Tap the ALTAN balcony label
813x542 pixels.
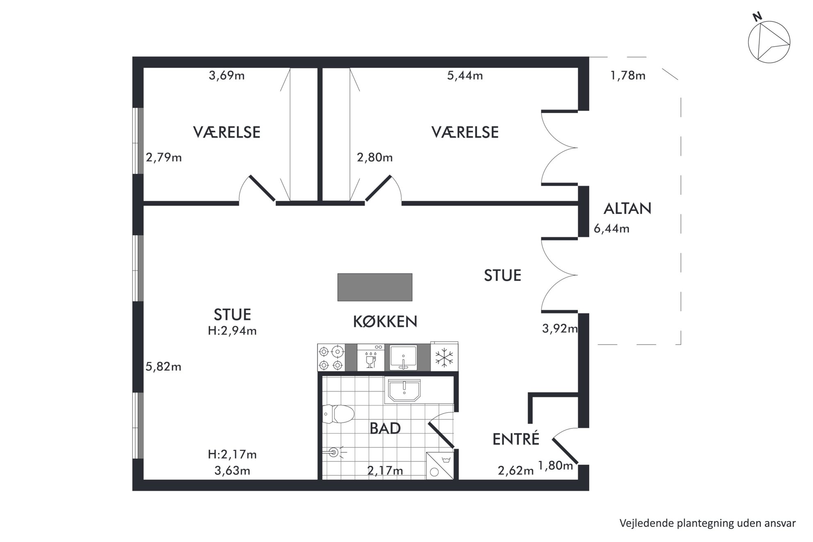click(627, 209)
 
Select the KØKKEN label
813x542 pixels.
click(385, 322)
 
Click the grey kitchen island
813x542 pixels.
click(375, 287)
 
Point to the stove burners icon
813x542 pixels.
click(331, 358)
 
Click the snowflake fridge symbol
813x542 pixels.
click(444, 357)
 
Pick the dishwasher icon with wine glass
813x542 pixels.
click(371, 358)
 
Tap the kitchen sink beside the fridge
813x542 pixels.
click(404, 358)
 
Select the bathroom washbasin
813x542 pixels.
click(404, 390)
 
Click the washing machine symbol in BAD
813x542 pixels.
click(440, 465)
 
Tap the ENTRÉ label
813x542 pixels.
click(516, 439)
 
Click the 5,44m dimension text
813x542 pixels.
click(465, 76)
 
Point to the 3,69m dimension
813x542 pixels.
click(227, 76)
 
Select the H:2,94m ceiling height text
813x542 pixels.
click(232, 331)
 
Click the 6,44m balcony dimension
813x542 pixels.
click(611, 229)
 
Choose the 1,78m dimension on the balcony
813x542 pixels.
click(628, 76)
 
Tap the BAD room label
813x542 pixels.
click(385, 429)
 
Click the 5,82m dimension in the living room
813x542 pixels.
click(164, 367)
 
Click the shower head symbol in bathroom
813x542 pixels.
click(334, 452)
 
